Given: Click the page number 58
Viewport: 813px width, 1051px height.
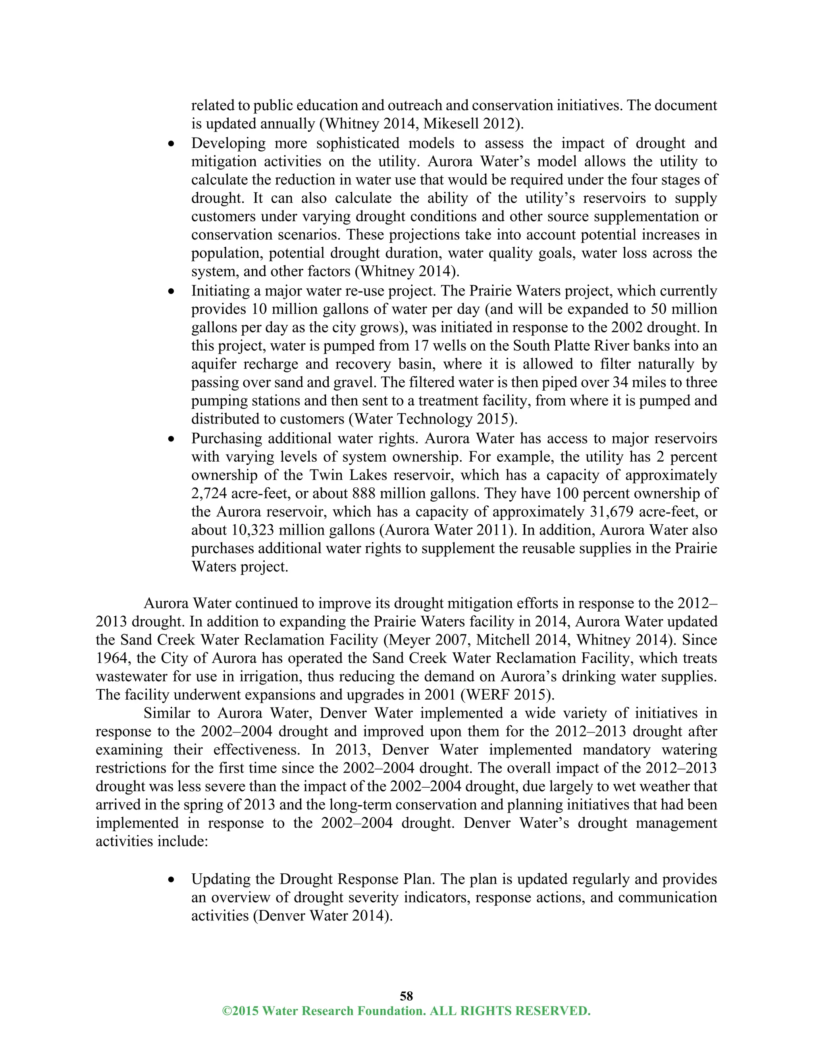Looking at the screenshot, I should coord(406,995).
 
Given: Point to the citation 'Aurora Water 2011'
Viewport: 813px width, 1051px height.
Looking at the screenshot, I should coord(448,530).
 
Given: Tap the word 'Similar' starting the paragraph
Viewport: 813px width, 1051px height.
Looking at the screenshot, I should coord(167,713).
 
